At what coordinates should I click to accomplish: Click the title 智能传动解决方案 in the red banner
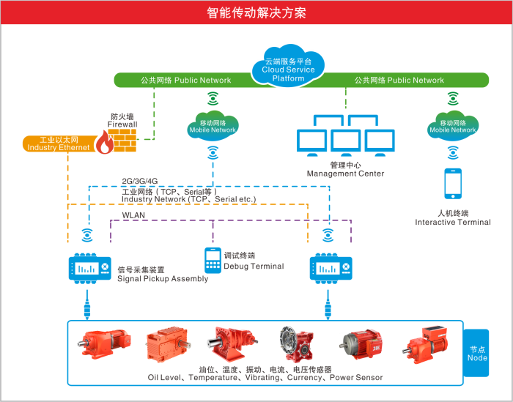coord(256,13)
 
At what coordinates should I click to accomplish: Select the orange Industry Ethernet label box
coord(59,144)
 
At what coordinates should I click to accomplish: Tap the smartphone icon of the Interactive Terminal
coord(454,183)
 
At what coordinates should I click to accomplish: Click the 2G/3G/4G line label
coord(139,180)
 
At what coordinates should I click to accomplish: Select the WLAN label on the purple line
coord(133,215)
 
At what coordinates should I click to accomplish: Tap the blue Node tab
coord(477,353)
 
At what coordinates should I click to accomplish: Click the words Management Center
coord(345,174)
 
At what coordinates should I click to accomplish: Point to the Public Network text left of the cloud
coord(185,80)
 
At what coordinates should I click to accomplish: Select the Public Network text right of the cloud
coord(399,80)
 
